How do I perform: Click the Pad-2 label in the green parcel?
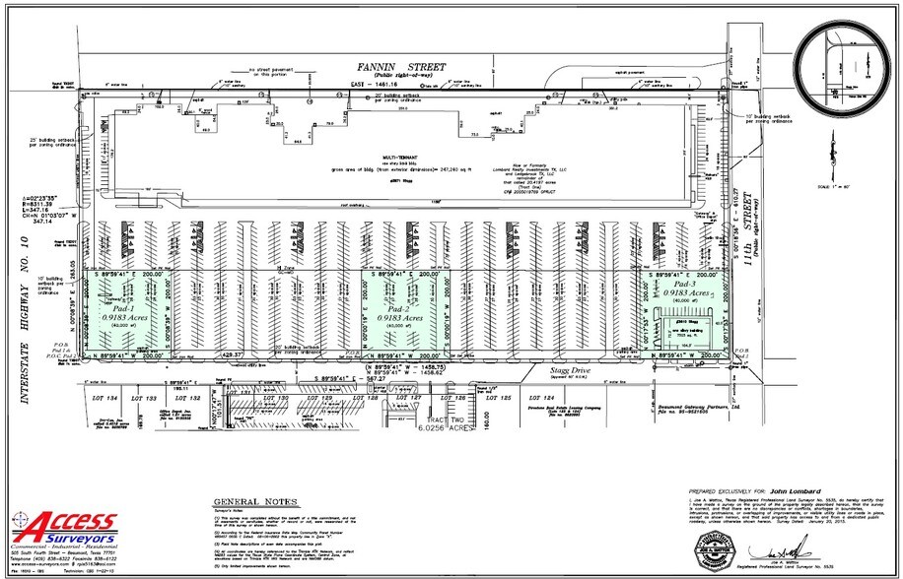401,307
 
